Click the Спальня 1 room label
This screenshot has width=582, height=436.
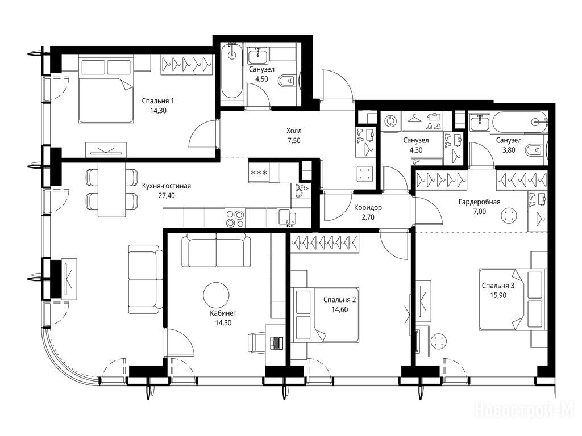pyautogui.click(x=158, y=101)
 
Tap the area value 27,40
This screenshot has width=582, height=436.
pyautogui.click(x=167, y=195)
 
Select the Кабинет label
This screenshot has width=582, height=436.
pyautogui.click(x=223, y=313)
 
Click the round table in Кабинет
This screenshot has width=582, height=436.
pyautogui.click(x=217, y=295)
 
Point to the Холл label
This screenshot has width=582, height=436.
pyautogui.click(x=294, y=131)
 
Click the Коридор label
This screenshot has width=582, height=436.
pyautogui.click(x=368, y=208)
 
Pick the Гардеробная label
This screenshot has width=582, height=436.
pyautogui.click(x=480, y=202)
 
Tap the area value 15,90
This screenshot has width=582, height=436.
pyautogui.click(x=498, y=295)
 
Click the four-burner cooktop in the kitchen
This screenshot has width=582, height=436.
pyautogui.click(x=235, y=219)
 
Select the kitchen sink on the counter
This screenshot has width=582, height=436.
pyautogui.click(x=286, y=217)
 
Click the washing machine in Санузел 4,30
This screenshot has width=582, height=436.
pyautogui.click(x=391, y=121)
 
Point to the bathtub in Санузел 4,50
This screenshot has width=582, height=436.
pyautogui.click(x=232, y=70)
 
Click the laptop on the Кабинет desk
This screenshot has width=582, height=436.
pyautogui.click(x=277, y=342)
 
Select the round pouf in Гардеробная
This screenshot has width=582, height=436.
pyautogui.click(x=509, y=216)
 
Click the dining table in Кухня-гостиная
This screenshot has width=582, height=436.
pyautogui.click(x=111, y=190)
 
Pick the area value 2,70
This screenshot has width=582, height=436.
pyautogui.click(x=368, y=217)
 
